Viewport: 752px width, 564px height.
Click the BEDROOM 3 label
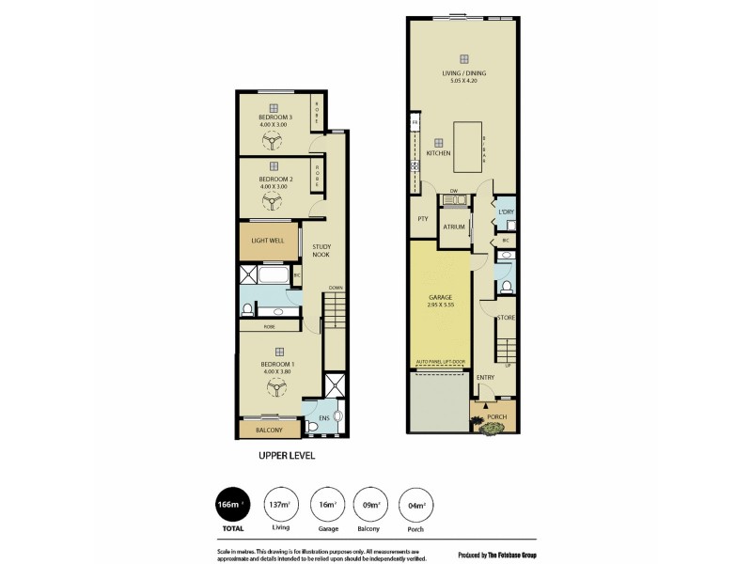tap(276, 117)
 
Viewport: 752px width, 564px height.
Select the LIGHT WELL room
tap(268, 241)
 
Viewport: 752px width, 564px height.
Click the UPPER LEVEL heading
tap(287, 456)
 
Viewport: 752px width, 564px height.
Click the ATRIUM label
tap(455, 227)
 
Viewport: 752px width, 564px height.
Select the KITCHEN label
tap(438, 153)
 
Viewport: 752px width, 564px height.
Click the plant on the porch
tap(493, 429)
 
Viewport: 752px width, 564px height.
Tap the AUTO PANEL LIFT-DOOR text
tap(439, 361)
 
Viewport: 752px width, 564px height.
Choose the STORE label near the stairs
tap(506, 319)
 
